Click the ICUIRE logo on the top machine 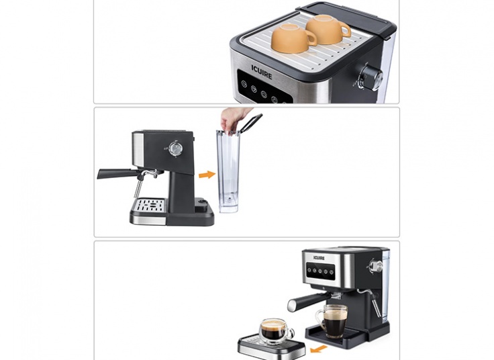[x=262, y=72]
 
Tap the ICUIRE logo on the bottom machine [x=319, y=258]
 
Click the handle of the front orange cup [x=312, y=38]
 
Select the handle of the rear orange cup [x=346, y=30]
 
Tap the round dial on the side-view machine [x=175, y=148]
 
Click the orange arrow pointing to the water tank [x=207, y=175]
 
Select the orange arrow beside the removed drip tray [x=319, y=349]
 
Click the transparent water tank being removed [x=228, y=171]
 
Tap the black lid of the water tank [x=252, y=122]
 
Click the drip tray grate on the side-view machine [x=150, y=206]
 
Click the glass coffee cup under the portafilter [x=332, y=321]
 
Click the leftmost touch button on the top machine [x=244, y=83]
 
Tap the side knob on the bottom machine [x=374, y=266]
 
